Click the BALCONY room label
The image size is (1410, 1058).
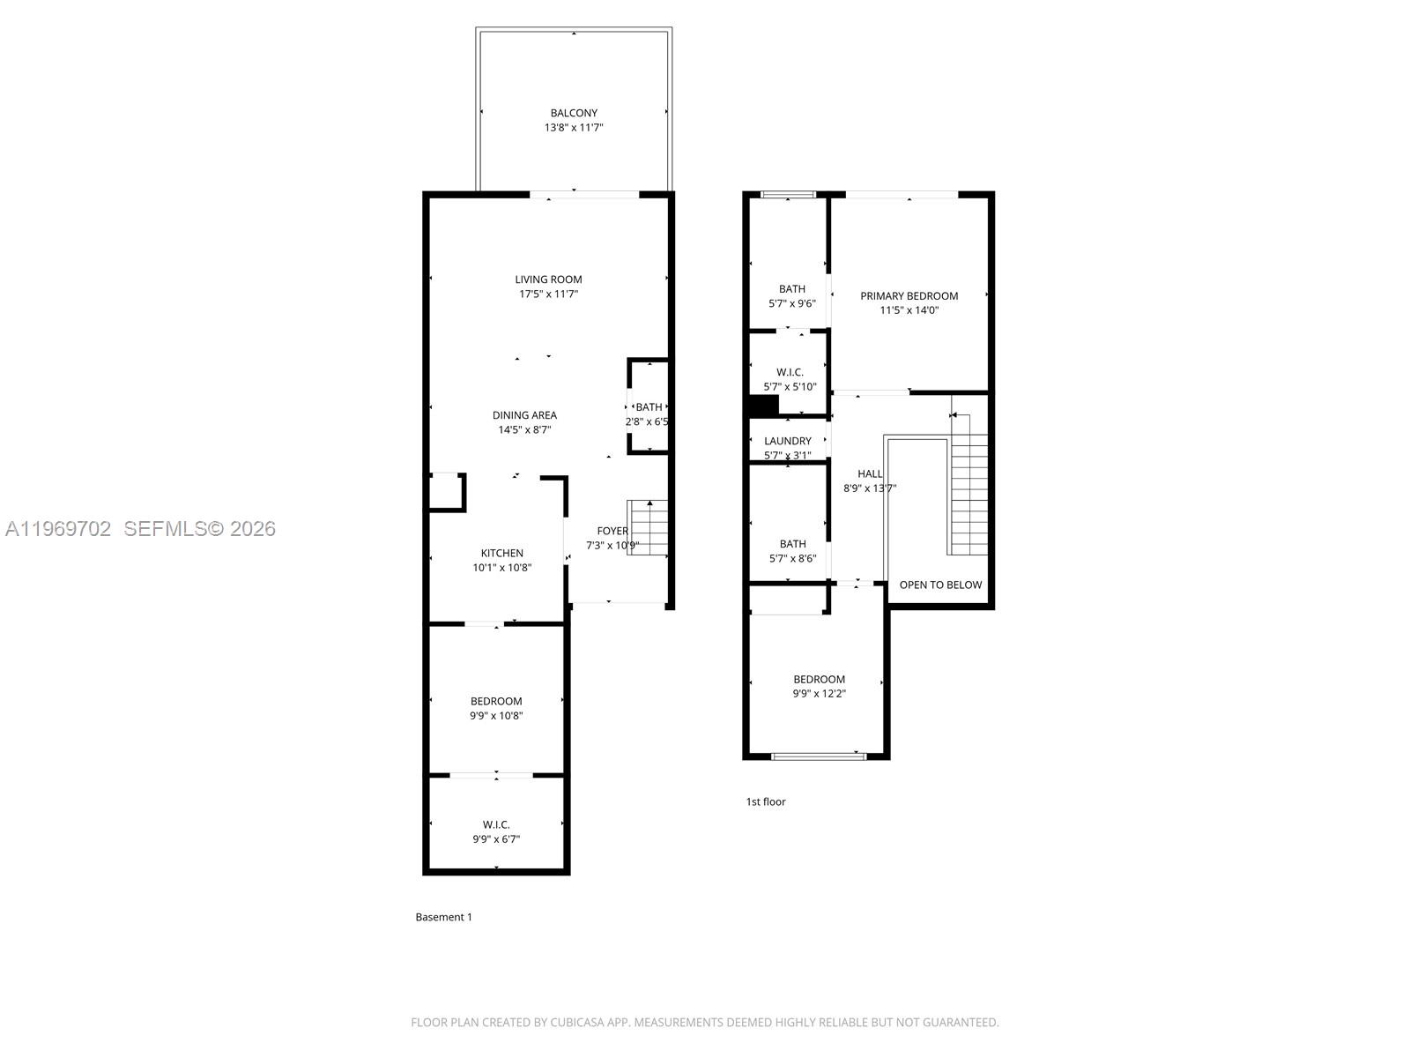coord(574,113)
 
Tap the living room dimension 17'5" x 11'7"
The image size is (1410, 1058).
coord(548,294)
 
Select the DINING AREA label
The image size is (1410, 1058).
coord(524,415)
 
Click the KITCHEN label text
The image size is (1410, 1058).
coord(501,554)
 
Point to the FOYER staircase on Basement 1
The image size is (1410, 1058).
coord(648,527)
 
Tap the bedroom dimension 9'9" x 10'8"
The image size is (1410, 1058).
coord(496,716)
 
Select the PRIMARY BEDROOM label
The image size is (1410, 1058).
coord(909,296)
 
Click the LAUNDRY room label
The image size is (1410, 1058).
coord(787,441)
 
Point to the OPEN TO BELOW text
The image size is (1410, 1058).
coord(940,585)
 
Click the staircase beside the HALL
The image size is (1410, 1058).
coord(968,494)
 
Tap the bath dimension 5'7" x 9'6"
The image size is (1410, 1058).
coord(791,303)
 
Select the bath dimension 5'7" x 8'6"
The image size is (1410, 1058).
coord(791,558)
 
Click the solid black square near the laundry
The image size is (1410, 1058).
coord(762,406)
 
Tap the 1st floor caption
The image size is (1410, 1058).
coord(765,801)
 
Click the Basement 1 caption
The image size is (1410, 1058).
coord(443,917)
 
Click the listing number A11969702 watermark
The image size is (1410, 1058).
coord(58,529)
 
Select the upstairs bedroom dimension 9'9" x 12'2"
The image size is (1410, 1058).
coord(819,694)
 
